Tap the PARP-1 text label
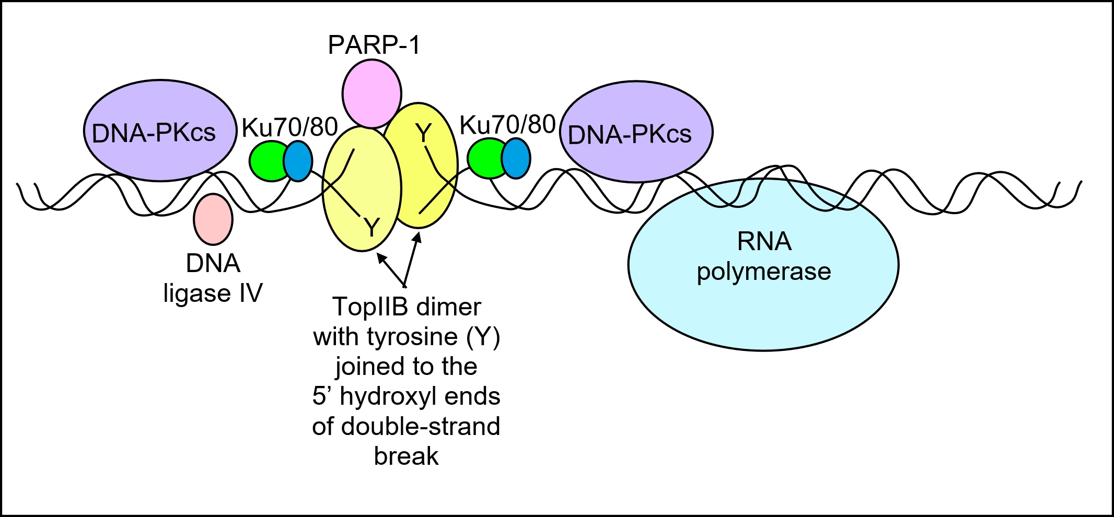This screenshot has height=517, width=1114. pos(374,45)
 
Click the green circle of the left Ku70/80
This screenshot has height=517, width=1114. pos(267,161)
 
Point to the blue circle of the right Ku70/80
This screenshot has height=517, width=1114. pos(516,158)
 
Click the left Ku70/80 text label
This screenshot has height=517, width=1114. pos(289,127)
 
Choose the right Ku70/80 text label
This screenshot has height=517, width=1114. pos(507,125)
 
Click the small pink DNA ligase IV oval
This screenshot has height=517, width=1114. pos(213,219)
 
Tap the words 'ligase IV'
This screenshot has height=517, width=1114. pos(213,293)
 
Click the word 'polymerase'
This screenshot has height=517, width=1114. pos(763,272)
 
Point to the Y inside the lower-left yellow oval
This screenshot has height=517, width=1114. pos(371,228)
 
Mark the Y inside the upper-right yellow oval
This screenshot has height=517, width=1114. pos(423,134)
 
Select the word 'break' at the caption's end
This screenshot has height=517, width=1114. pos(406,456)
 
